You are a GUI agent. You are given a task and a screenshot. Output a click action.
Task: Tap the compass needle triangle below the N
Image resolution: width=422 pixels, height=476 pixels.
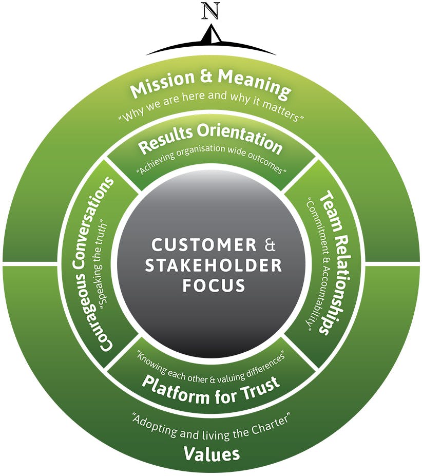pyautogui.click(x=210, y=34)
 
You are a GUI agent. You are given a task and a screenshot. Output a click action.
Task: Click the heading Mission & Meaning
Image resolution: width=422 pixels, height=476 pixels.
pyautogui.click(x=210, y=86)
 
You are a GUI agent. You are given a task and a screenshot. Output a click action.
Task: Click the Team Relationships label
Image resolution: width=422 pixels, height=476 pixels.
pyautogui.click(x=328, y=262)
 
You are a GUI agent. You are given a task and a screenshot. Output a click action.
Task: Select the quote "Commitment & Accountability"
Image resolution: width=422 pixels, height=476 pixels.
pyautogui.click(x=312, y=262)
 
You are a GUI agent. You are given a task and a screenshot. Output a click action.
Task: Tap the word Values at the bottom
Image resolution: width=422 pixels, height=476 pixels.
pyautogui.click(x=211, y=453)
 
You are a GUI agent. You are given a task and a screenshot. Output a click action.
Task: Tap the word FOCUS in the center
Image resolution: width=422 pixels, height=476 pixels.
pyautogui.click(x=211, y=285)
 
